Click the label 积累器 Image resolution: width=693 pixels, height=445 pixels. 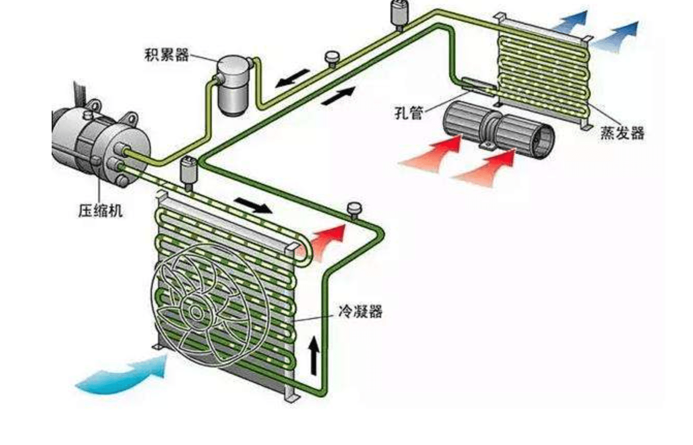(x=167, y=55)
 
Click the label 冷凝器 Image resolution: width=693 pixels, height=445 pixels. (x=360, y=311)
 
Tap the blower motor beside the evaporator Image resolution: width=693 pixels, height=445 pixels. (x=498, y=126)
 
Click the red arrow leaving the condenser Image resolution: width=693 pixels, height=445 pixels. (x=325, y=238)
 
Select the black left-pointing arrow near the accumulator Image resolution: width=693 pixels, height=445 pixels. (x=292, y=78)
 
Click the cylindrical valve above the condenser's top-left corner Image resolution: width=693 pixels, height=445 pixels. (x=188, y=173)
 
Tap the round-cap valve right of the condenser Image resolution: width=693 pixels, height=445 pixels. (x=354, y=210)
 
